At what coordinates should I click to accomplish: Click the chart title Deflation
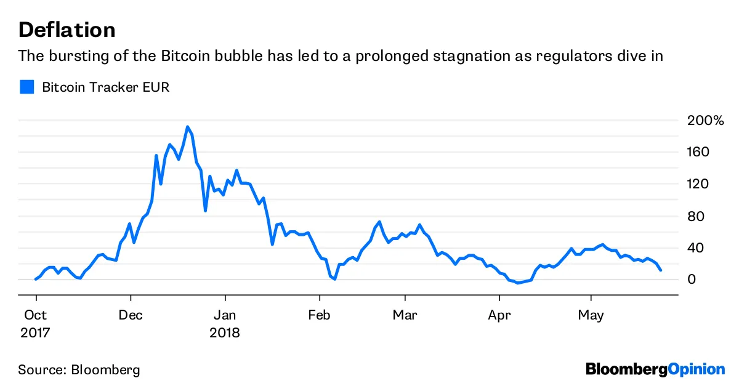point(67,30)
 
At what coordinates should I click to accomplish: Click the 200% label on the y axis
point(706,120)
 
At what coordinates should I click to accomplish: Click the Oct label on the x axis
point(36,316)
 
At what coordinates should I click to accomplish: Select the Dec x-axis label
point(131,316)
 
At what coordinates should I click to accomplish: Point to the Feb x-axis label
point(319,316)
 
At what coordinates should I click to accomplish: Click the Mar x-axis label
point(405,316)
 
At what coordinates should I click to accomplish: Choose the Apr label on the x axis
point(499,316)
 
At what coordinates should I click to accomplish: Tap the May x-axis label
point(591,316)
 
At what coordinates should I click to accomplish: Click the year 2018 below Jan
point(225,333)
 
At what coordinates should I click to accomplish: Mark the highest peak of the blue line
point(187,127)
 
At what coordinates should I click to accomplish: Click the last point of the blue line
point(661,270)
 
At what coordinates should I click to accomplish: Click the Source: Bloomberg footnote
point(79,370)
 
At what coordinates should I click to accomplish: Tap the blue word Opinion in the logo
point(697,369)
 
